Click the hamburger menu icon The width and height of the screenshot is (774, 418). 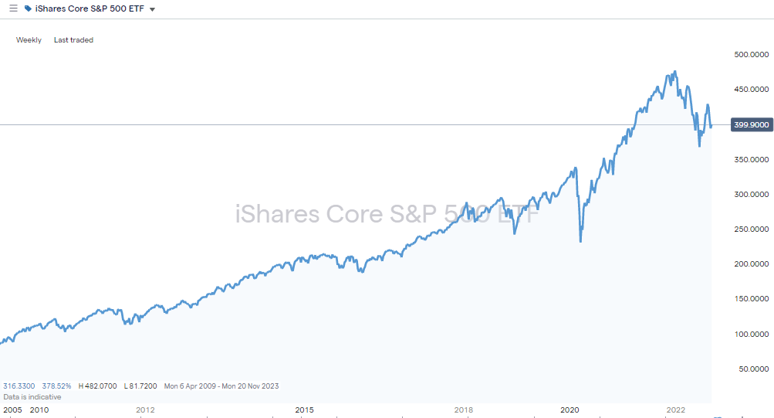(x=13, y=8)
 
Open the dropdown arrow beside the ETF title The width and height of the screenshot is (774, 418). (x=153, y=9)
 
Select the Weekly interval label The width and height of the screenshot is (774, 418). (x=29, y=39)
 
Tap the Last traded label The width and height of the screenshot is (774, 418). (x=73, y=39)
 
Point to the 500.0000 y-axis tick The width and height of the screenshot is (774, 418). (x=750, y=54)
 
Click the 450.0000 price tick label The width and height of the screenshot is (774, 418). (x=750, y=90)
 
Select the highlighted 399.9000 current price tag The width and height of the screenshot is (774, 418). (x=750, y=124)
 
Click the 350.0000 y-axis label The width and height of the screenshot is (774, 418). (x=750, y=159)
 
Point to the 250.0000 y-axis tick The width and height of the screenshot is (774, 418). (x=750, y=229)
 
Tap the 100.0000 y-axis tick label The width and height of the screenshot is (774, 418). (x=750, y=335)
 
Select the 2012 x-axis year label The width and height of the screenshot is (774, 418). (x=145, y=410)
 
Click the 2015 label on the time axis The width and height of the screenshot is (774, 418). (x=305, y=410)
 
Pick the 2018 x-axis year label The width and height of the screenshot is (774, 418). (x=464, y=410)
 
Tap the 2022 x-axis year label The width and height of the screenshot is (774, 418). (x=676, y=410)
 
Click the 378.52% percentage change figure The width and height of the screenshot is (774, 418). (x=57, y=386)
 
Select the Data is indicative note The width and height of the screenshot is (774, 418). (x=32, y=396)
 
